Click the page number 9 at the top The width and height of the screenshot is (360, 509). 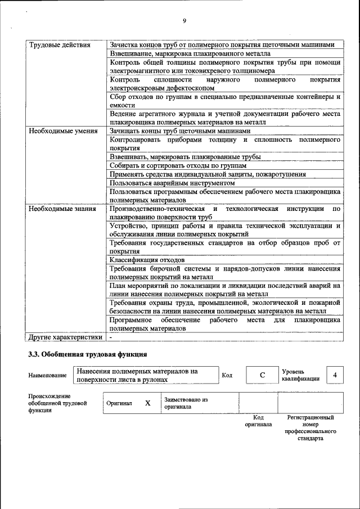coord(184,21)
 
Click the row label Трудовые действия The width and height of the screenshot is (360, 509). coord(55,45)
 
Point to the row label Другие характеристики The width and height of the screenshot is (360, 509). coord(65,337)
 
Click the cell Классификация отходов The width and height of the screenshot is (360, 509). coord(147,260)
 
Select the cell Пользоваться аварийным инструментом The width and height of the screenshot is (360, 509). coord(172,183)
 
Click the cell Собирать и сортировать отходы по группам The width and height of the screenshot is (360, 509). coord(178,166)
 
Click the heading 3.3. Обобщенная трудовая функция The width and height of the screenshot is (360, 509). coord(88,354)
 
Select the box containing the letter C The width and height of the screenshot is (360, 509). coord(262,375)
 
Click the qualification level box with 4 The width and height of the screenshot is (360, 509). coord(335,375)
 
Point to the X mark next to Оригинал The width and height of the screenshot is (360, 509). coord(147,403)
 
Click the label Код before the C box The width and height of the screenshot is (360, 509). coord(227,375)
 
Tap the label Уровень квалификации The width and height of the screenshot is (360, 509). coord(300,375)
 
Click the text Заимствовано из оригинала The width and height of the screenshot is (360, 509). coord(186,403)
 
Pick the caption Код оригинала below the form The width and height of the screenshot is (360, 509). coord(258,421)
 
